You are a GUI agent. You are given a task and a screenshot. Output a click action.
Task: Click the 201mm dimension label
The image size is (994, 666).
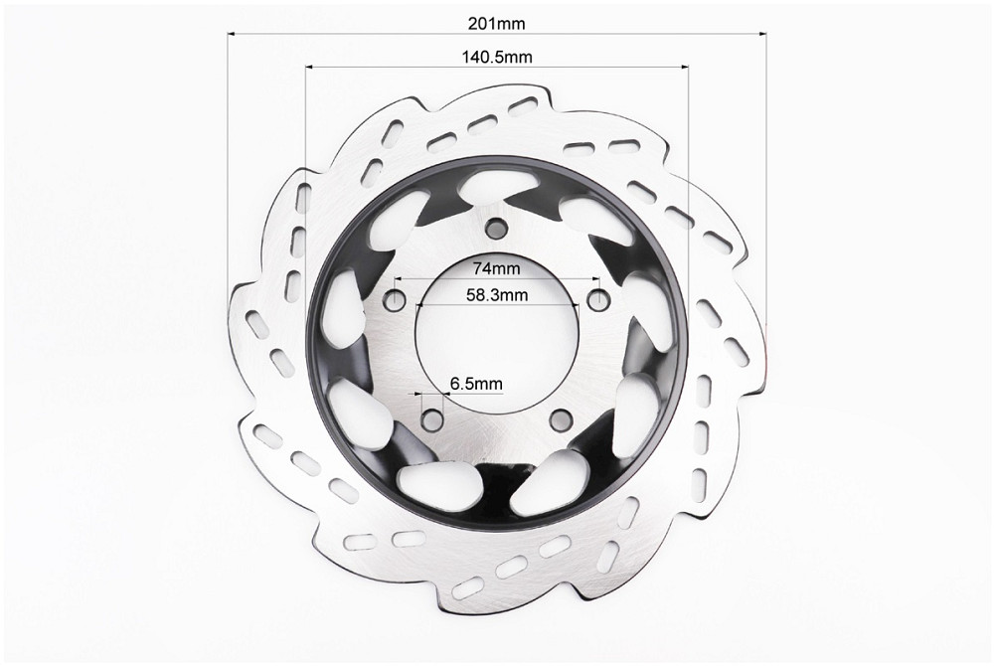496,24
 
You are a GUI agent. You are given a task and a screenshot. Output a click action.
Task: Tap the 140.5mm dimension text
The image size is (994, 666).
496,57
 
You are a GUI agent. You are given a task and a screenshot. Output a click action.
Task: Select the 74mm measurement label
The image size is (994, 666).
496,268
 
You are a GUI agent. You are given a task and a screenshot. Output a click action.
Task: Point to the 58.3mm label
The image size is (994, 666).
497,294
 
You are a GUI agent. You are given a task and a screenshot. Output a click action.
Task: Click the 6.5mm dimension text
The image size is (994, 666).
476,384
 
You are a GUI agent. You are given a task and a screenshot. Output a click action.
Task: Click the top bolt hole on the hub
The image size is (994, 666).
496,227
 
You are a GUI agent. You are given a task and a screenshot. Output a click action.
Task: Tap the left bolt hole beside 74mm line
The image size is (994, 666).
397,298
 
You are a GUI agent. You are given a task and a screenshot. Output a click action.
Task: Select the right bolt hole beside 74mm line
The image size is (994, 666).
597,297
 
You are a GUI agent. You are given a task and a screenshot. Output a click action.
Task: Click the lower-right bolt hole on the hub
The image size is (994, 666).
561,418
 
